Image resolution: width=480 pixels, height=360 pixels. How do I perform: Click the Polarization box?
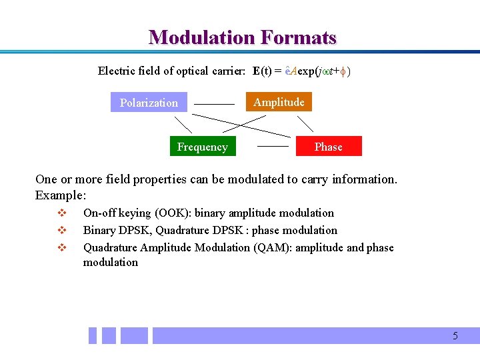coord(149,103)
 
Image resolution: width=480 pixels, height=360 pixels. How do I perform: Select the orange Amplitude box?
coord(279,102)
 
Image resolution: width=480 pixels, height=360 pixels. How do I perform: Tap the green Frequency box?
coord(202,147)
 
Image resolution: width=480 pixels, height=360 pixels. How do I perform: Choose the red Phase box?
coord(328,147)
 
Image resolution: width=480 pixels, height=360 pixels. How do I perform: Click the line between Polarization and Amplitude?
coord(214,105)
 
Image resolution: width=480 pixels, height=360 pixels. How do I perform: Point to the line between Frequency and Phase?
coord(273,145)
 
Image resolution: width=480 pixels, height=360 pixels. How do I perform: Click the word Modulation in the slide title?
coord(203,37)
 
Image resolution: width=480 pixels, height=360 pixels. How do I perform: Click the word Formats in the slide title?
coord(299,37)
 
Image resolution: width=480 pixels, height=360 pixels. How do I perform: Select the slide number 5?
coord(455,336)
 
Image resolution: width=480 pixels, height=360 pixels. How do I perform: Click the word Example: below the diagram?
coord(61,196)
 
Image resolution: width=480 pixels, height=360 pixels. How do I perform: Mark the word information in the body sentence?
coord(366,179)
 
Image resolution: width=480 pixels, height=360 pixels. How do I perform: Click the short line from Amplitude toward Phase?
coord(305,123)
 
